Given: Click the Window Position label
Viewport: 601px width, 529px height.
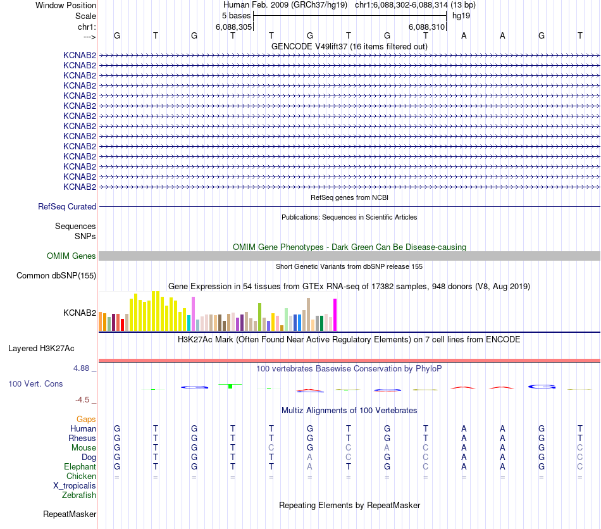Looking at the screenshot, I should (66, 6).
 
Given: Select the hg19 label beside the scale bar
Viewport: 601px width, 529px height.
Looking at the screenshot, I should (461, 16).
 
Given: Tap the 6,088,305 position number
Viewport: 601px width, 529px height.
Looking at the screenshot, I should (233, 27).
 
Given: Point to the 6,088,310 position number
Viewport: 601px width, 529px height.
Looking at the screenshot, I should (427, 27).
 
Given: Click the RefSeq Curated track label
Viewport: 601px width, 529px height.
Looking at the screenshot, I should (67, 207).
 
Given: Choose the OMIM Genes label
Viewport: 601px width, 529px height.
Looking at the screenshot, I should (71, 256).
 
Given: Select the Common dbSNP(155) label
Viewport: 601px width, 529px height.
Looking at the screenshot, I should (56, 276).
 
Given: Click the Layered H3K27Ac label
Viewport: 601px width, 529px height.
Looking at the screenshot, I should (41, 349).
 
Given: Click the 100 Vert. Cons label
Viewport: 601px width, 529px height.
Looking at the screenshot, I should (35, 384).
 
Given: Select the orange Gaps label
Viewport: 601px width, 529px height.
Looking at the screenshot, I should (86, 420).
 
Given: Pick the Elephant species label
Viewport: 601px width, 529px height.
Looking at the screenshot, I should (80, 467).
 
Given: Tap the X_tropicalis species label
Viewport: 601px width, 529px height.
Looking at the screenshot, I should (75, 486).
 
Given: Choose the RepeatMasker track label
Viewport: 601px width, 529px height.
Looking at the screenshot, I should (70, 514).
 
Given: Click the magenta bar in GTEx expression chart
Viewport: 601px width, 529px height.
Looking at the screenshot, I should (335, 314).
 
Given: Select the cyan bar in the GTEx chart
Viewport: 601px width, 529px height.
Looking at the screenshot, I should (189, 323).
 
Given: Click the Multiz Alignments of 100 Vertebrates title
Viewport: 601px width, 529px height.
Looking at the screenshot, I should (349, 411).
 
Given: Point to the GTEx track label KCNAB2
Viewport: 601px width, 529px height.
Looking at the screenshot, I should (80, 313).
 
